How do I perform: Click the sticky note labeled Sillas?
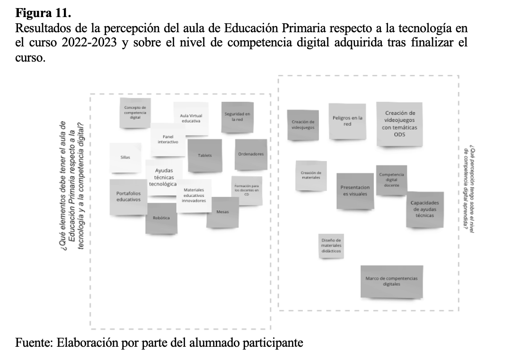pyautogui.click(x=125, y=157)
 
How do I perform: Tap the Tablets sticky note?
pyautogui.click(x=205, y=155)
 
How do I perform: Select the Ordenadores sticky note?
pyautogui.click(x=251, y=154)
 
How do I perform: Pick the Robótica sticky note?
pyautogui.click(x=161, y=218)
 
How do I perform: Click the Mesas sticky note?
pyautogui.click(x=222, y=212)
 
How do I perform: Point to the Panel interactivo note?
pyautogui.click(x=168, y=140)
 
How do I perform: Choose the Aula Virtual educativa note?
pyautogui.click(x=190, y=118)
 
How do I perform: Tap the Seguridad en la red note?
pyautogui.click(x=237, y=117)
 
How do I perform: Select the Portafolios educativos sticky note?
pyautogui.click(x=128, y=197)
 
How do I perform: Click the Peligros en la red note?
pyautogui.click(x=347, y=121)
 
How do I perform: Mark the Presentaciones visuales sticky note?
pyautogui.click(x=355, y=190)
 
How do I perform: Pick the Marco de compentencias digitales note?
pyautogui.click(x=391, y=281)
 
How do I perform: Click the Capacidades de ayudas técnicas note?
pyautogui.click(x=425, y=209)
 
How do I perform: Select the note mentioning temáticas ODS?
pyautogui.click(x=400, y=124)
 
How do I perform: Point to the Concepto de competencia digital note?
pyautogui.click(x=135, y=113)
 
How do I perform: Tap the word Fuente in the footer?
pyautogui.click(x=33, y=342)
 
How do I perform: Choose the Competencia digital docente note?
pyautogui.click(x=391, y=180)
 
